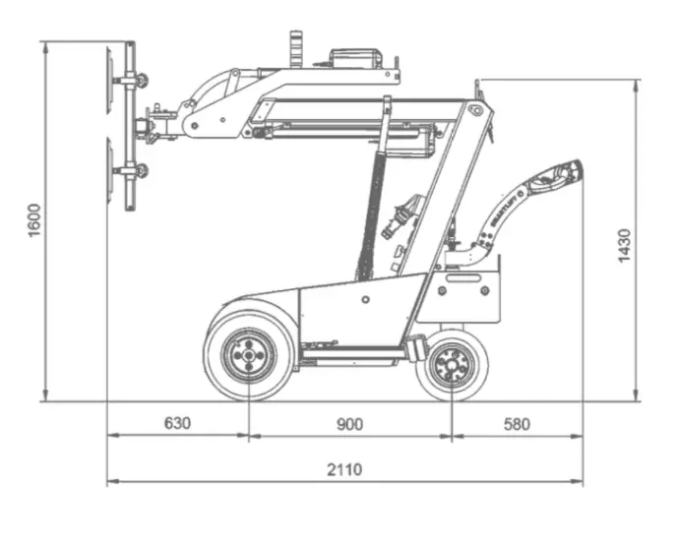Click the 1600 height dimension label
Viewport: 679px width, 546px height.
pos(34,218)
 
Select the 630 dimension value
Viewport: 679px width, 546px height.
pos(177,424)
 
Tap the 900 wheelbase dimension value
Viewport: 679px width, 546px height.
pos(349,424)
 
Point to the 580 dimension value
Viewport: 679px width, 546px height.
pos(516,424)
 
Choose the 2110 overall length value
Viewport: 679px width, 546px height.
pos(344,469)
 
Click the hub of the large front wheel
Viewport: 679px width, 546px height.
pos(248,355)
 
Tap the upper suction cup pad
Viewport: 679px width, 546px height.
pos(109,81)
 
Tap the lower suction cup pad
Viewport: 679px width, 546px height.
pos(109,173)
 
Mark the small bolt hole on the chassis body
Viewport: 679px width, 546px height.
pos(365,299)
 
